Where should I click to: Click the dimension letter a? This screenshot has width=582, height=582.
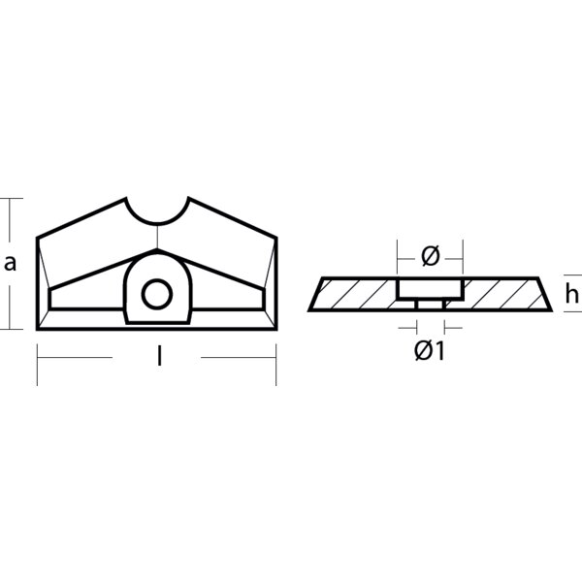click(11, 263)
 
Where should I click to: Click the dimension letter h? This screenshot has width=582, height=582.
click(573, 296)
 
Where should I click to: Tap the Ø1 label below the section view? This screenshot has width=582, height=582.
click(429, 351)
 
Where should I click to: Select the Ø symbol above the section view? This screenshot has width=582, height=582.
click(431, 256)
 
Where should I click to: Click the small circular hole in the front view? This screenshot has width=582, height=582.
click(155, 292)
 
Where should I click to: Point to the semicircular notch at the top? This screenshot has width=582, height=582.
click(158, 210)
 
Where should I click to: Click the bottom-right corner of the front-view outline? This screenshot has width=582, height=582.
click(276, 329)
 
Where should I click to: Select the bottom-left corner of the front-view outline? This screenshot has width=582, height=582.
click(37, 329)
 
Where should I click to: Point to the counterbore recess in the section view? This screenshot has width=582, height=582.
click(430, 289)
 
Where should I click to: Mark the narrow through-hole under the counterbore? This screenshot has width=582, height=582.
click(430, 305)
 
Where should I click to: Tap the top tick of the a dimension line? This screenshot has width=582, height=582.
click(11, 198)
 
